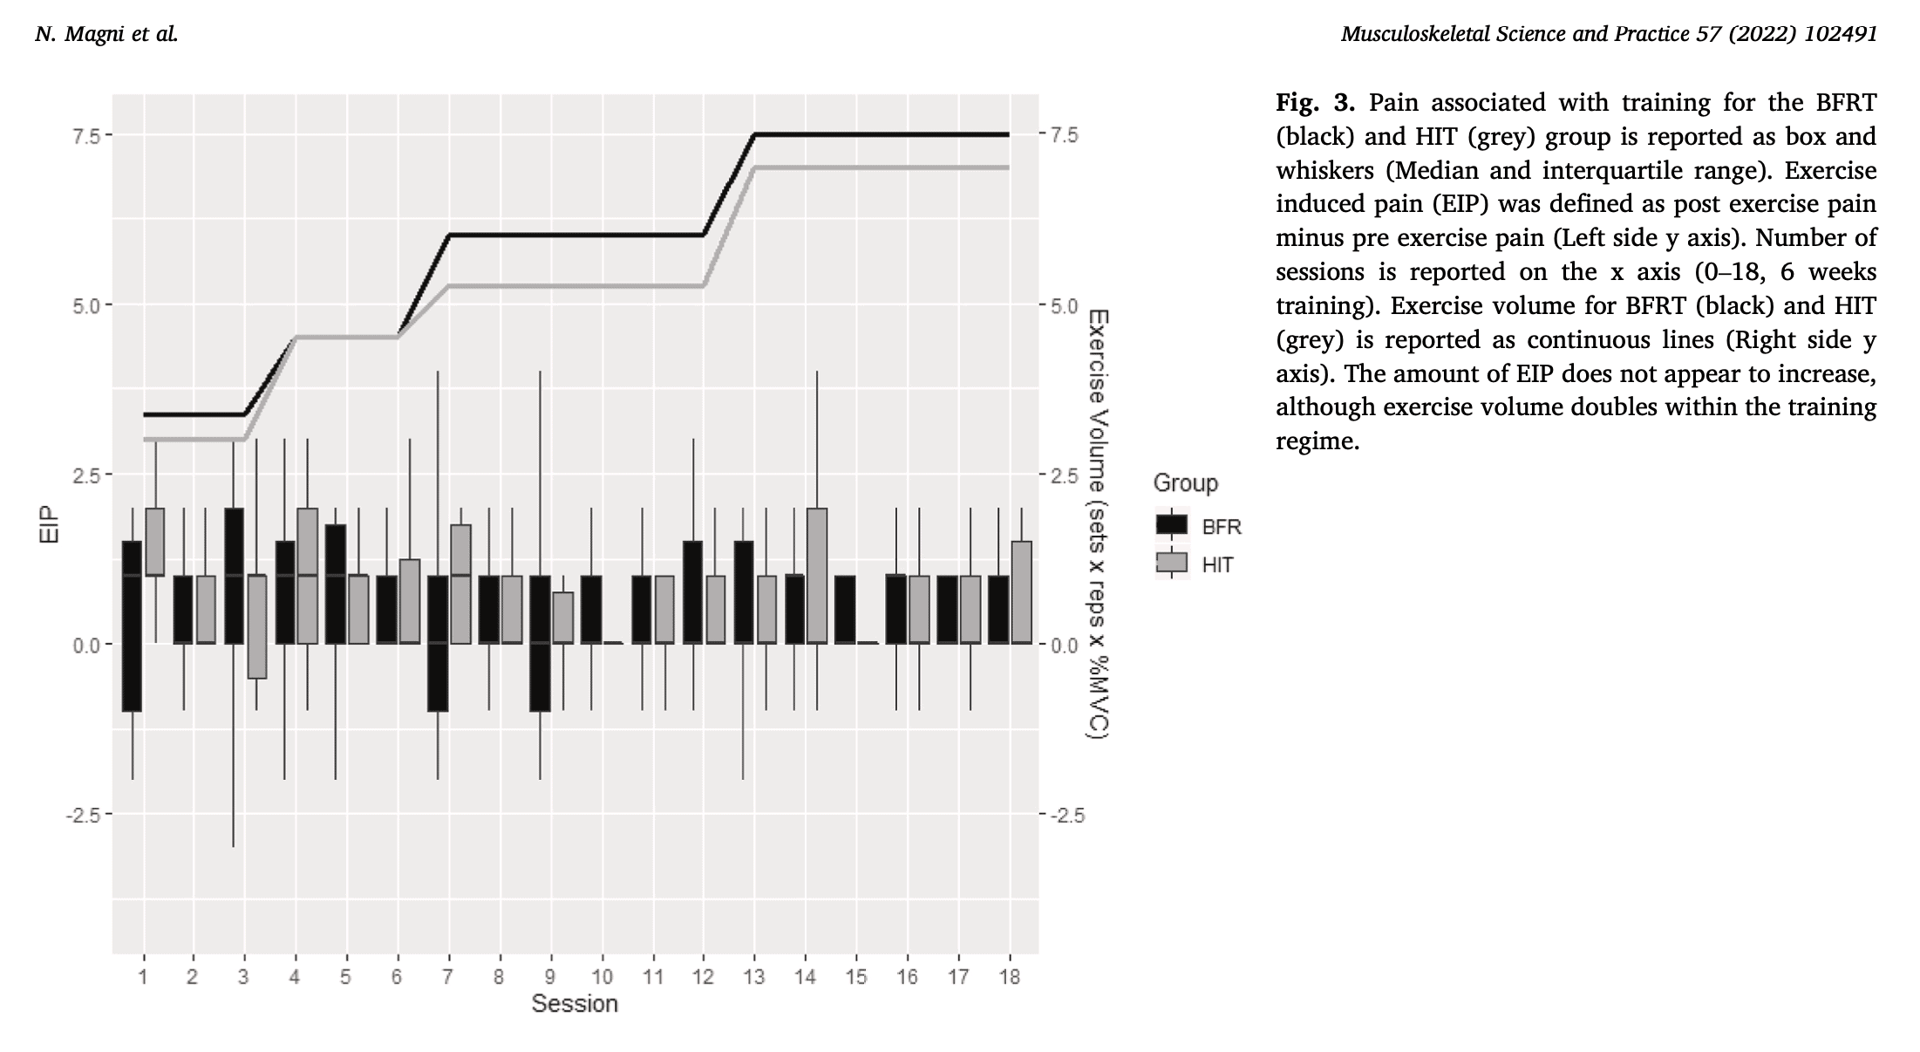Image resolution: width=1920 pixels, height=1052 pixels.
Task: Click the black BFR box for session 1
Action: coord(132,626)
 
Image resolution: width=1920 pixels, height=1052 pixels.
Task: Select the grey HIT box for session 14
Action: coord(817,576)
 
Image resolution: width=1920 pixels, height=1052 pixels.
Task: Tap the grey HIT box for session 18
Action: coord(1022,592)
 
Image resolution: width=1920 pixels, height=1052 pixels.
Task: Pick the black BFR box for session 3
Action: coord(234,576)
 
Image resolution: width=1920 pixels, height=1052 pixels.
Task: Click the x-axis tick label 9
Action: coord(550,976)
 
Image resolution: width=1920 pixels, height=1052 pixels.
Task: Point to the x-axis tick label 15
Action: coord(856,976)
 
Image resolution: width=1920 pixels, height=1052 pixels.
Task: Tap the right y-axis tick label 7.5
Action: coord(1064,135)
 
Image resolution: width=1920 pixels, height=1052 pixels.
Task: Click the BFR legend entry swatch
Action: coord(1171,524)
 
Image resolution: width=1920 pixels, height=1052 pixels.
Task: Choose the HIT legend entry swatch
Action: coord(1171,563)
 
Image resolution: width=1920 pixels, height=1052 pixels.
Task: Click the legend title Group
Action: coord(1185,483)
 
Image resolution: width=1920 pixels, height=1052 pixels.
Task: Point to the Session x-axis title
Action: coord(575,1004)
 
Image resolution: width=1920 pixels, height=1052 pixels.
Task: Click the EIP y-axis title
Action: coord(51,525)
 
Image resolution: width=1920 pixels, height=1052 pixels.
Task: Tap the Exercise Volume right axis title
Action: coord(1097,524)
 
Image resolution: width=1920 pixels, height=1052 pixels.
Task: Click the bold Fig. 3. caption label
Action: coord(1315,103)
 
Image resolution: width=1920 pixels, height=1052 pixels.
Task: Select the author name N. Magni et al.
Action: coord(106,34)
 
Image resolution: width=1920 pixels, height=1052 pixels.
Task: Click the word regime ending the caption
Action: coord(1317,441)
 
